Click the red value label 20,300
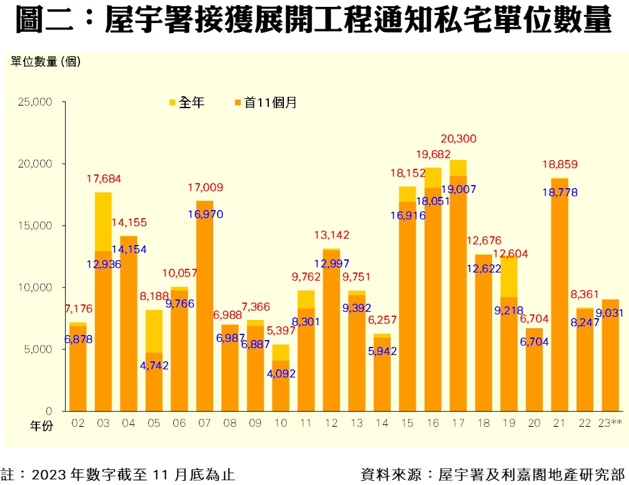[x=458, y=139]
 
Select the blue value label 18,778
[x=559, y=193]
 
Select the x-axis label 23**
[x=610, y=424]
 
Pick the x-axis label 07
[x=204, y=424]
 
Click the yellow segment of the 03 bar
[x=103, y=221]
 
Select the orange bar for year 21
[x=559, y=300]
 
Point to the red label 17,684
[x=104, y=179]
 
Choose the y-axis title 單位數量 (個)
[x=46, y=61]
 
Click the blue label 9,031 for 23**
[x=610, y=312]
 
